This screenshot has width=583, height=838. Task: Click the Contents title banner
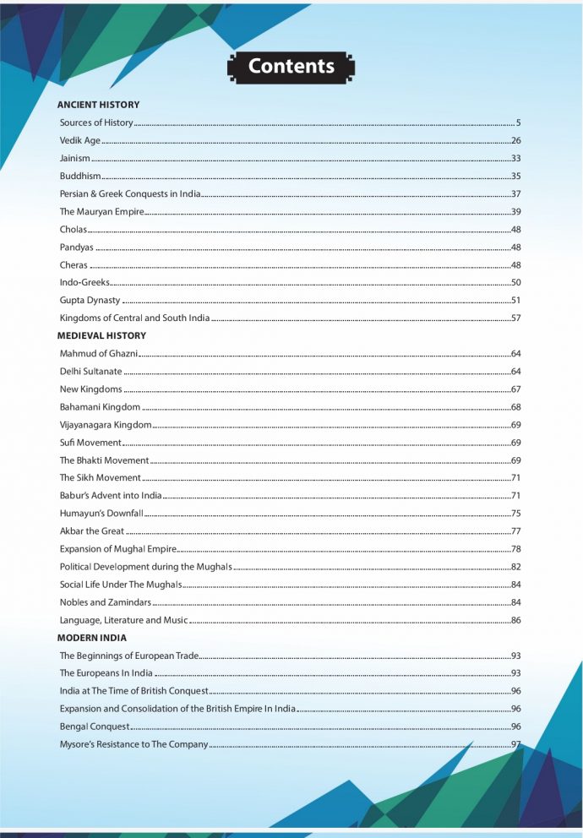[x=291, y=67]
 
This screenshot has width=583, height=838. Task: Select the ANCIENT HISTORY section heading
[x=98, y=105]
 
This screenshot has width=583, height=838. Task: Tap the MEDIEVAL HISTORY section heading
[x=101, y=335]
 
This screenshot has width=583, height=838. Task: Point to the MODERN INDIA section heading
[x=91, y=638]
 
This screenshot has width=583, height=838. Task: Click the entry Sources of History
[x=96, y=122]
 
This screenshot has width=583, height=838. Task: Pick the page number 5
[x=518, y=122]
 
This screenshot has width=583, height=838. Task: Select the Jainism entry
[x=74, y=158]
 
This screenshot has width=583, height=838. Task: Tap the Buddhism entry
[x=80, y=176]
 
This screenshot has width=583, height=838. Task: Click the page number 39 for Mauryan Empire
[x=515, y=211]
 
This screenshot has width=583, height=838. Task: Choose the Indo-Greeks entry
[x=84, y=282]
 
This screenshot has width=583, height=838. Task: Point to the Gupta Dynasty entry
[x=90, y=300]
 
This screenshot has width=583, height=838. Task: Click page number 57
[x=515, y=318]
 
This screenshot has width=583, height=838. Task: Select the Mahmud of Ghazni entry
[x=99, y=353]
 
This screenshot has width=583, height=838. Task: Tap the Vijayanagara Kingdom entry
[x=106, y=424]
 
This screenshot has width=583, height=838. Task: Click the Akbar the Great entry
[x=91, y=531]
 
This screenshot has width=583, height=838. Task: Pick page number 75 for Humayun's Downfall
[x=515, y=513]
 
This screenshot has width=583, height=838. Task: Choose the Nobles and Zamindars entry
[x=106, y=601]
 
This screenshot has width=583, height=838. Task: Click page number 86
[x=515, y=619]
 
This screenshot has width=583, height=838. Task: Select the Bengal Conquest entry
[x=95, y=726]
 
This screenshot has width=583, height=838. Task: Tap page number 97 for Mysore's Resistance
[x=515, y=743]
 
